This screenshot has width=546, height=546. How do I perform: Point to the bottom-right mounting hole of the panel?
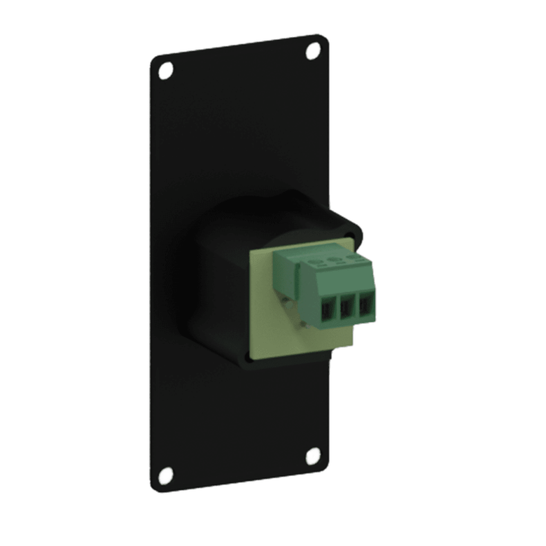(x=310, y=456)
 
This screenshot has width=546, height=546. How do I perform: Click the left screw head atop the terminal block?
(x=319, y=263)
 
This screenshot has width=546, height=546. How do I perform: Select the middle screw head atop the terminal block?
(x=337, y=258)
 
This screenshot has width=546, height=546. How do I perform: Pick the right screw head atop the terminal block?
(x=354, y=255)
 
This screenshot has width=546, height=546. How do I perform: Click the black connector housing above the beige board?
(x=276, y=211)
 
